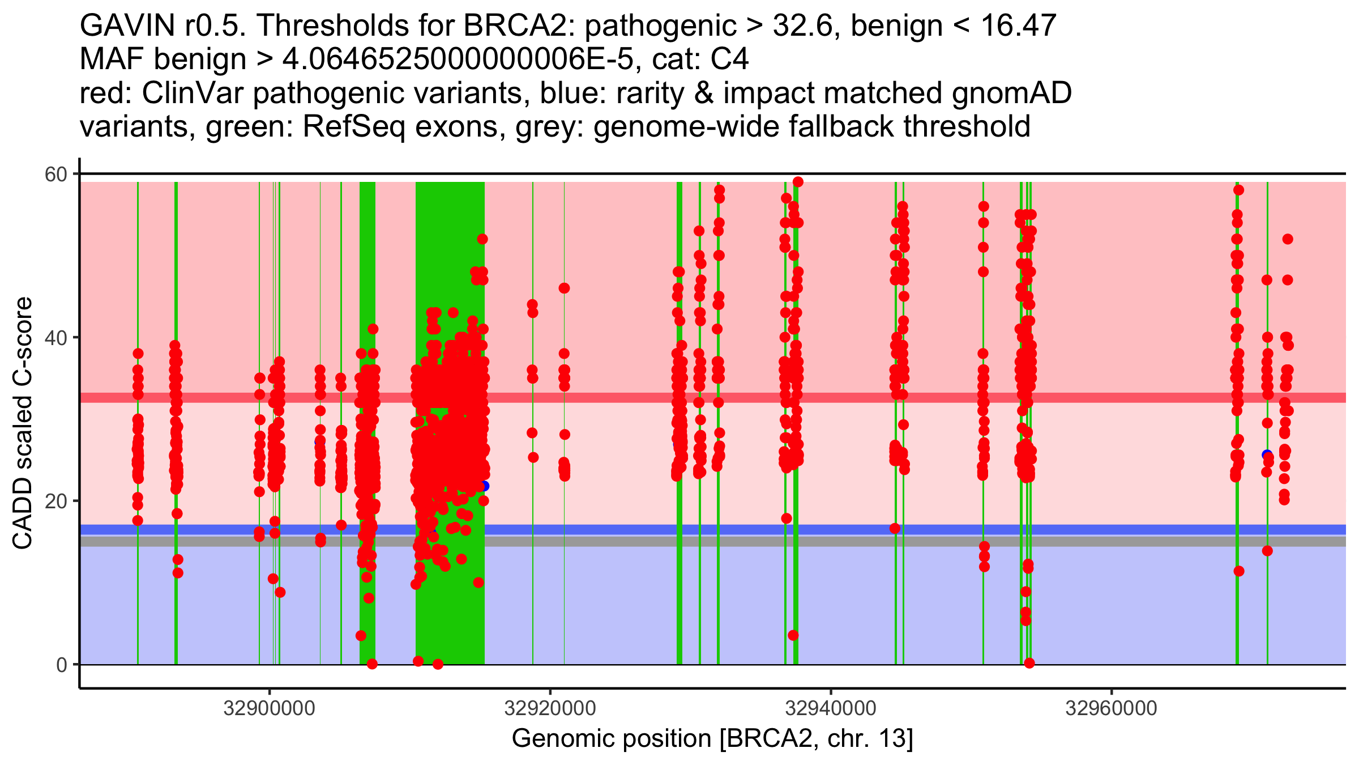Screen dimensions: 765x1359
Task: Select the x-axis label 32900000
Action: [x=269, y=708]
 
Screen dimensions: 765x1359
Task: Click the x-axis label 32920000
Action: [x=550, y=708]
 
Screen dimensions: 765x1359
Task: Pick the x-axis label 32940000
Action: [x=831, y=708]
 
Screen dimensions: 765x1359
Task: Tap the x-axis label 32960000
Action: [x=1112, y=708]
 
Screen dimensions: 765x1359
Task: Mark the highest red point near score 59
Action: [x=798, y=182]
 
